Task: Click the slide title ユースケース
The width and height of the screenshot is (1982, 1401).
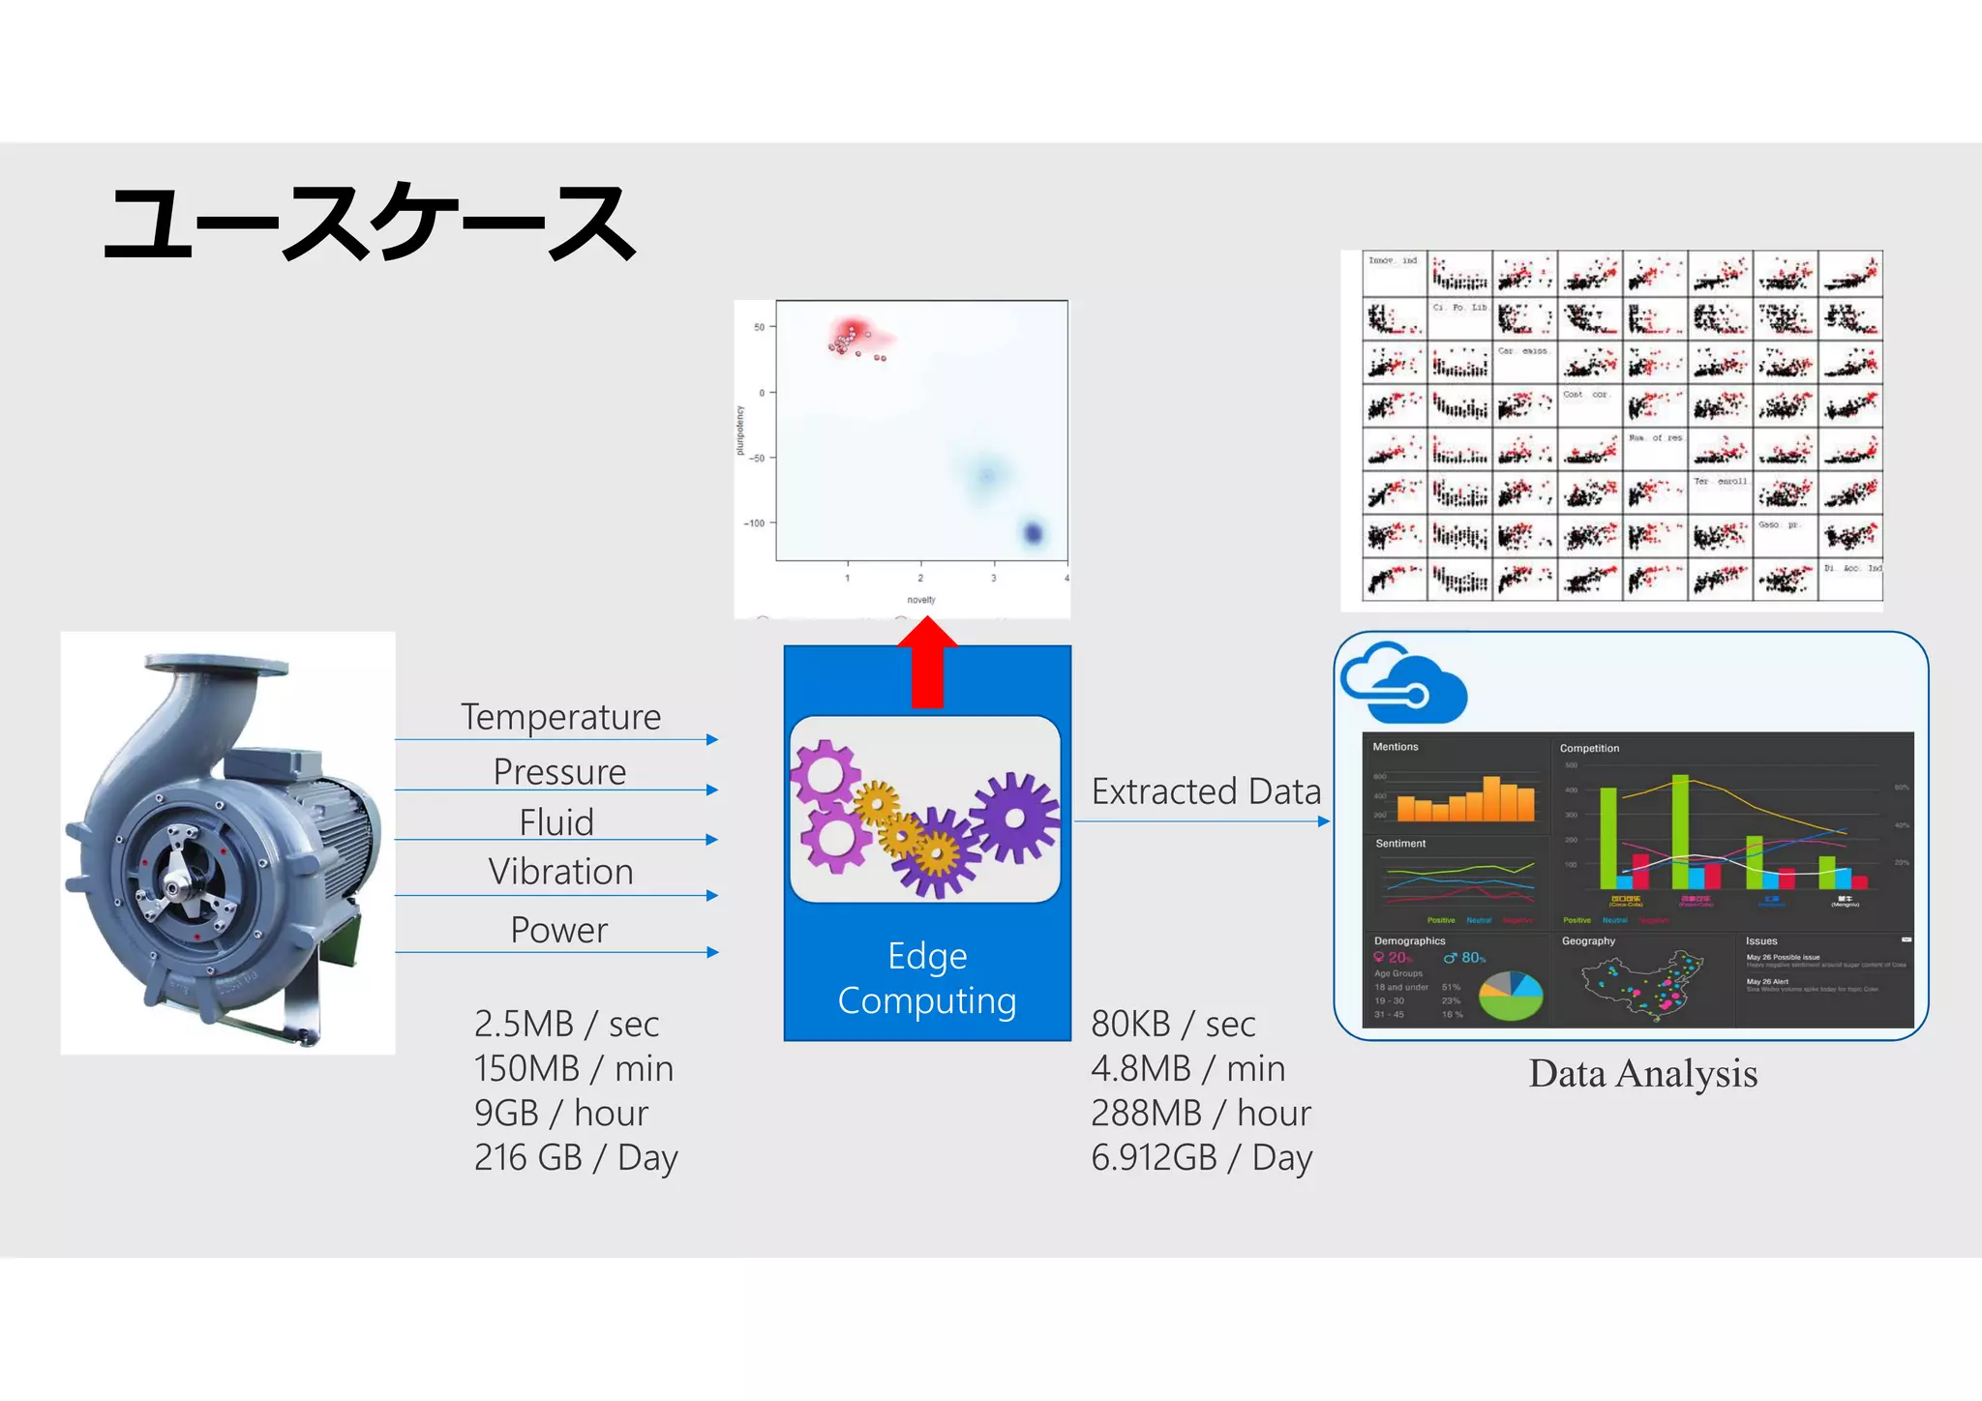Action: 370,224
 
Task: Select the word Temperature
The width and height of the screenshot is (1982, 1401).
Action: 560,717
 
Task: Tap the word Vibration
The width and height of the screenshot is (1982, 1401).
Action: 560,872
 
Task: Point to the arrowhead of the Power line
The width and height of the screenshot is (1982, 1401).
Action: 713,952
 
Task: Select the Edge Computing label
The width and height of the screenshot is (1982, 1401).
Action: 927,978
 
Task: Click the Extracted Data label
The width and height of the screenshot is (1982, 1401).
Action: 1206,791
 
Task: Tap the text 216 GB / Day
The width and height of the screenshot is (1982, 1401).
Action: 576,1158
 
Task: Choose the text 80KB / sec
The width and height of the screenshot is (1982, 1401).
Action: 1173,1024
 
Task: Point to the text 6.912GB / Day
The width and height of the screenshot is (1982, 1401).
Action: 1201,1158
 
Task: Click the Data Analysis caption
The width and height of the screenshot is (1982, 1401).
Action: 1642,1074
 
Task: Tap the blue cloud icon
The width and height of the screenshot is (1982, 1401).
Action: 1405,683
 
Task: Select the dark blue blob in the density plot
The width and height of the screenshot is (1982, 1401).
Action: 1033,533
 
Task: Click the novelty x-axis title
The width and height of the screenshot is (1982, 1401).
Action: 920,600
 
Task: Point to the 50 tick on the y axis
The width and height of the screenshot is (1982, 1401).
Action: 760,327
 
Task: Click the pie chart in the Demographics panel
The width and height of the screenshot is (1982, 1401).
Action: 1512,996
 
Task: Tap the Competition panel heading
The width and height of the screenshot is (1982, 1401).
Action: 1589,748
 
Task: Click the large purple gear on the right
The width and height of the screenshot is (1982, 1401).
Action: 1014,818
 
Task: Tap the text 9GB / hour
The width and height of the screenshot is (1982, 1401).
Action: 560,1114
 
